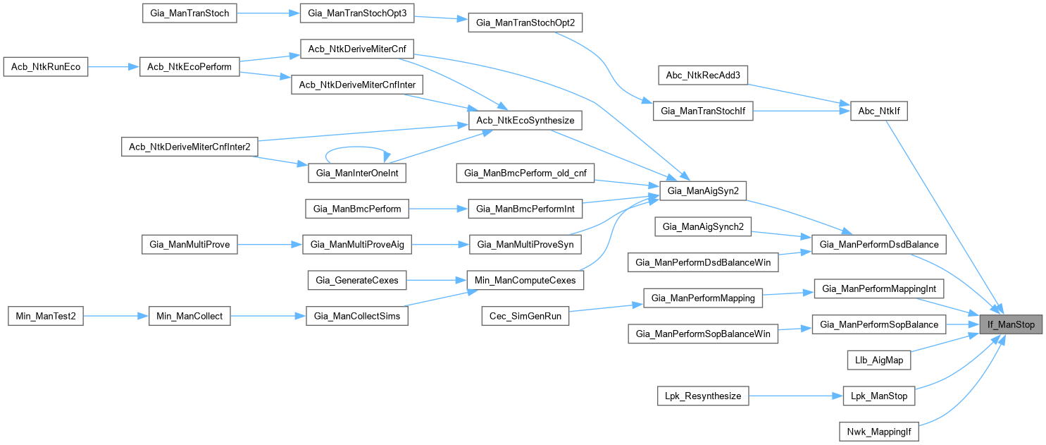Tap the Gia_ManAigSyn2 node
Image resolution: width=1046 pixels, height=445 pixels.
pos(702,190)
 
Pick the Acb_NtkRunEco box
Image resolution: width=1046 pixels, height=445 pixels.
pos(46,67)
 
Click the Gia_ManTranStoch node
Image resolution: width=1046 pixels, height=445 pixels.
pos(190,13)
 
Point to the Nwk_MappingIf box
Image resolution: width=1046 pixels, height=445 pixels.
pos(878,431)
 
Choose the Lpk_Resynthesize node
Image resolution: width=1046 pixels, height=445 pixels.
pos(702,396)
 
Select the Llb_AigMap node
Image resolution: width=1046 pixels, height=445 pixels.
pos(878,360)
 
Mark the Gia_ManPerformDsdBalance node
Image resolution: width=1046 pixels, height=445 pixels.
pos(878,244)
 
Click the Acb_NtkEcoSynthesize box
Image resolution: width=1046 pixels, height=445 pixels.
pos(525,121)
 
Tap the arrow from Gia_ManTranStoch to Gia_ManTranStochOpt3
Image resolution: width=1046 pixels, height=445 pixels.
pos(268,14)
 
